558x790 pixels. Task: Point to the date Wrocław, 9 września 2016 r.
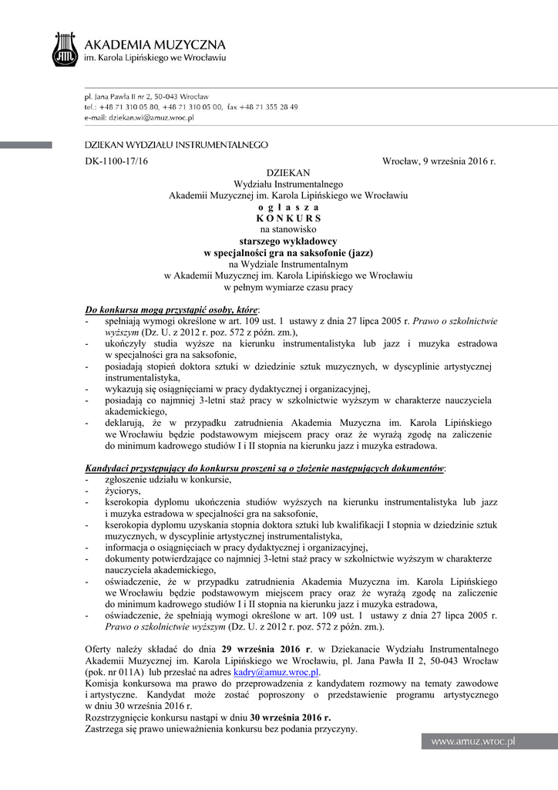439,160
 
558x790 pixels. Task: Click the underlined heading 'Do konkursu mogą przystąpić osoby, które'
172,309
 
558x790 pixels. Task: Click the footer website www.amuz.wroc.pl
472,741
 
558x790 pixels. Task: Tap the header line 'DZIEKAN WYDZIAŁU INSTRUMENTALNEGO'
176,144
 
